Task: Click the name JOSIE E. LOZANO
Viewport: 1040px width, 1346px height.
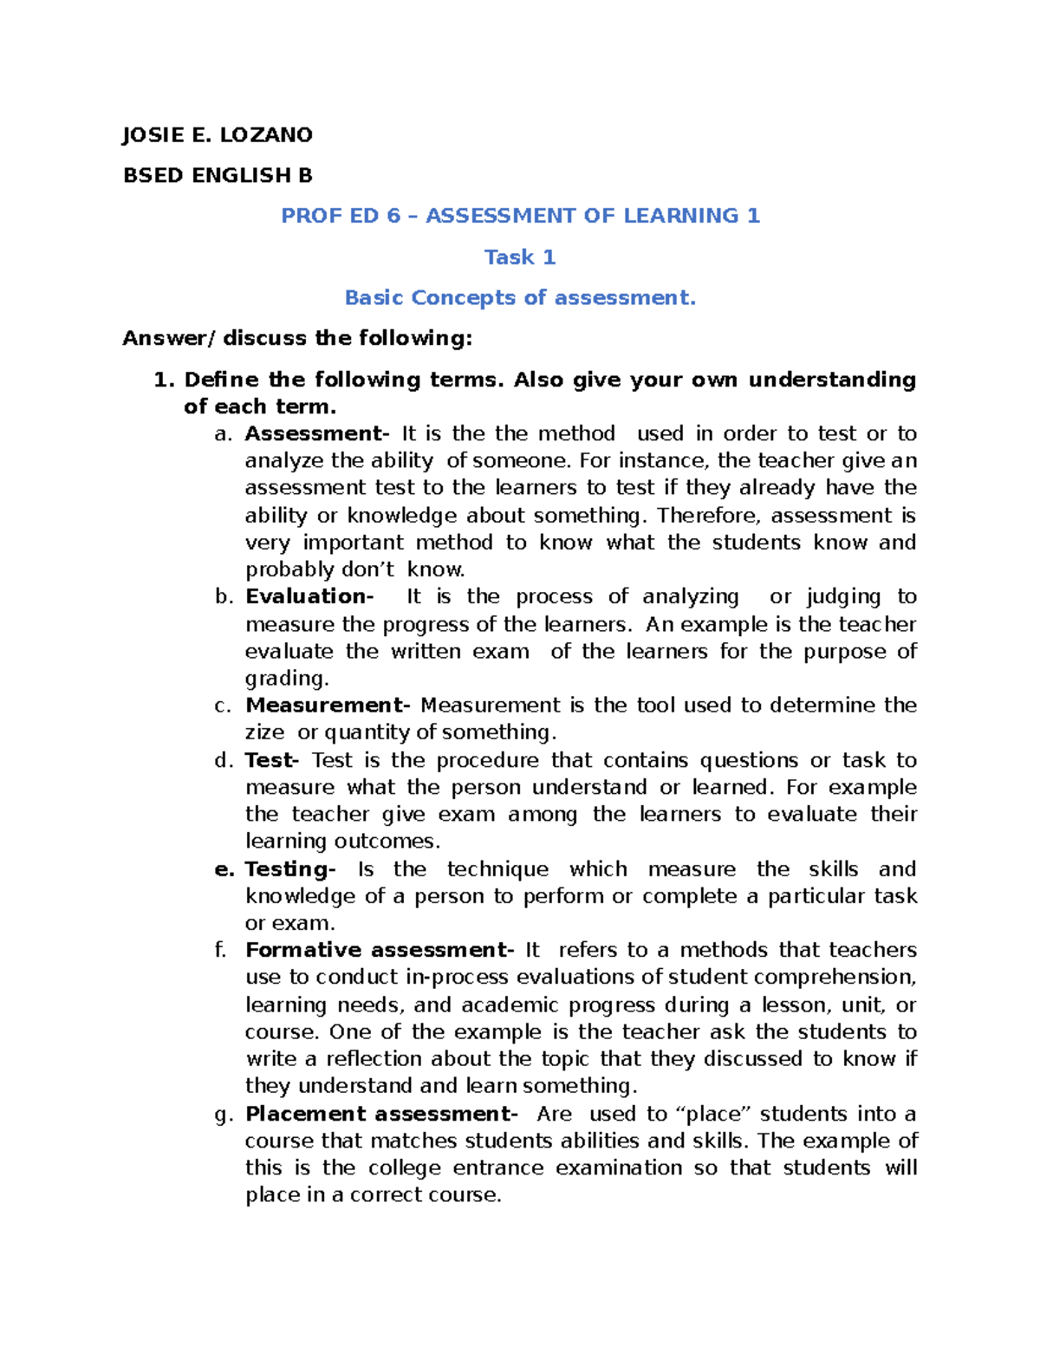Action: tap(218, 135)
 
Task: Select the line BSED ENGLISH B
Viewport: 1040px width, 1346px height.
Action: tap(218, 176)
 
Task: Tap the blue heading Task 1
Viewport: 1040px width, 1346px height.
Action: tap(520, 257)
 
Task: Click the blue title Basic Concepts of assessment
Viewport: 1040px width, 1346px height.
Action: tap(520, 298)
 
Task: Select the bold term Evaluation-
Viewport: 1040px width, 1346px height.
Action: tap(309, 596)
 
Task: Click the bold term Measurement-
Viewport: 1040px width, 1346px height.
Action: tap(327, 705)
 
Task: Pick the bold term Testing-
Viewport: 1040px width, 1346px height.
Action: tap(289, 869)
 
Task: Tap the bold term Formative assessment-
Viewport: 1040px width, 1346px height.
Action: tap(380, 950)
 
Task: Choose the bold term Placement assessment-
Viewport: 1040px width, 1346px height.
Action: tap(381, 1114)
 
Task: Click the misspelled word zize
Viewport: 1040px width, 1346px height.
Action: tap(264, 732)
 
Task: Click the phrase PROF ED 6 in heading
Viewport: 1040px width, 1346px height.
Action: tap(341, 216)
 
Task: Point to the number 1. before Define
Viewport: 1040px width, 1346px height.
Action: tap(164, 380)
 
